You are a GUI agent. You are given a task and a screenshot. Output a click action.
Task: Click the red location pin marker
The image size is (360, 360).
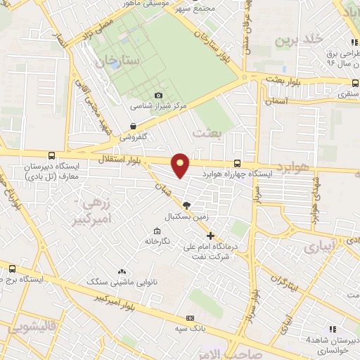click(181, 165)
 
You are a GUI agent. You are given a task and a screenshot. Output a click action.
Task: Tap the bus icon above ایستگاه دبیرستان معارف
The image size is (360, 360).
click(51, 156)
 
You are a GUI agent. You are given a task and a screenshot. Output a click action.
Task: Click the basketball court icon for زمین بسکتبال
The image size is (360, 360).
click(186, 205)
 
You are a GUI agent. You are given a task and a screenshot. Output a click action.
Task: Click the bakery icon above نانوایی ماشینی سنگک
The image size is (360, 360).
click(122, 271)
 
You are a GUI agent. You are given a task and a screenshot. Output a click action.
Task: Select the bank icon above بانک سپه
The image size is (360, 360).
click(191, 317)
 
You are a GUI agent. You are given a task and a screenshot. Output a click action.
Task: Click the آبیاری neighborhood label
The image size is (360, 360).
click(320, 247)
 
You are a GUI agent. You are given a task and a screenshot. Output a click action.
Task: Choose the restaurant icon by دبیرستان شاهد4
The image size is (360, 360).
click(333, 328)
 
